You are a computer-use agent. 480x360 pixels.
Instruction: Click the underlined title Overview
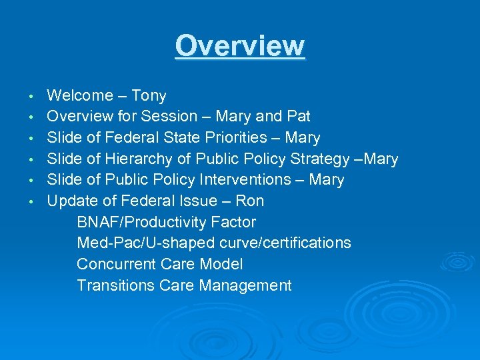[240, 47]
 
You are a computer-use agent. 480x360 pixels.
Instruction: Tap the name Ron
[250, 201]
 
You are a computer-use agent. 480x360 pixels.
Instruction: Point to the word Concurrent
[114, 265]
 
